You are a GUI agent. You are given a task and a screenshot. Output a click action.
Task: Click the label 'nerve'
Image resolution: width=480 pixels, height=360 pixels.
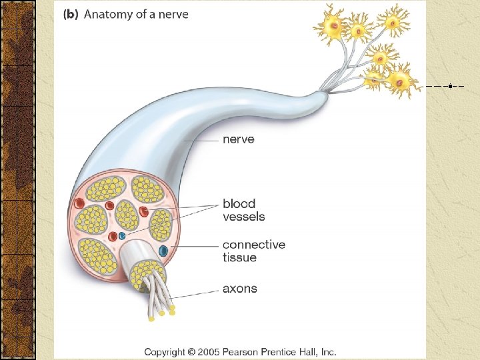[x=238, y=140]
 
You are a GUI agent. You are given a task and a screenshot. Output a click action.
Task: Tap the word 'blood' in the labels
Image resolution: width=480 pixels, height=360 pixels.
[x=239, y=203]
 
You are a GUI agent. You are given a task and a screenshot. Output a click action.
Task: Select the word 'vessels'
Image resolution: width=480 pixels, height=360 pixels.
[x=243, y=216]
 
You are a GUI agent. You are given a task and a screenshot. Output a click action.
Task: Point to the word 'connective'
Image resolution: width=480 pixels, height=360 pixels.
[x=253, y=245]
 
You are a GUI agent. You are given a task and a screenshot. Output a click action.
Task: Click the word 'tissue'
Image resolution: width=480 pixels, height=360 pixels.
[x=239, y=257]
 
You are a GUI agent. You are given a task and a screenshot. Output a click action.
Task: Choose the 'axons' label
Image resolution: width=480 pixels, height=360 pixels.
[x=239, y=289]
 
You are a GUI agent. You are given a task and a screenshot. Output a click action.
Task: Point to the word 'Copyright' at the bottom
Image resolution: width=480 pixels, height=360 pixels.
[x=167, y=351]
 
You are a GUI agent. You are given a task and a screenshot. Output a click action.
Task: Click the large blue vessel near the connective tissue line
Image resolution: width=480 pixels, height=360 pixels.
[x=163, y=251]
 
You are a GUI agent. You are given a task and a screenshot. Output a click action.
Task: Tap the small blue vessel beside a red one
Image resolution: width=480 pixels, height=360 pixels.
[x=122, y=236]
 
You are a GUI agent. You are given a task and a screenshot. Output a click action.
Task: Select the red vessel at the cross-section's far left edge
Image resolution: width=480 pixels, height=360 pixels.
[x=79, y=203]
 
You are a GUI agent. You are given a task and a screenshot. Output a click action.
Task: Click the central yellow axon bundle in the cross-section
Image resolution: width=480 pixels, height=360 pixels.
[x=127, y=214]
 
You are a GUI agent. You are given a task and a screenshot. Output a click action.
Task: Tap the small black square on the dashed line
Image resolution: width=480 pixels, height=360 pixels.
[x=451, y=86]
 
